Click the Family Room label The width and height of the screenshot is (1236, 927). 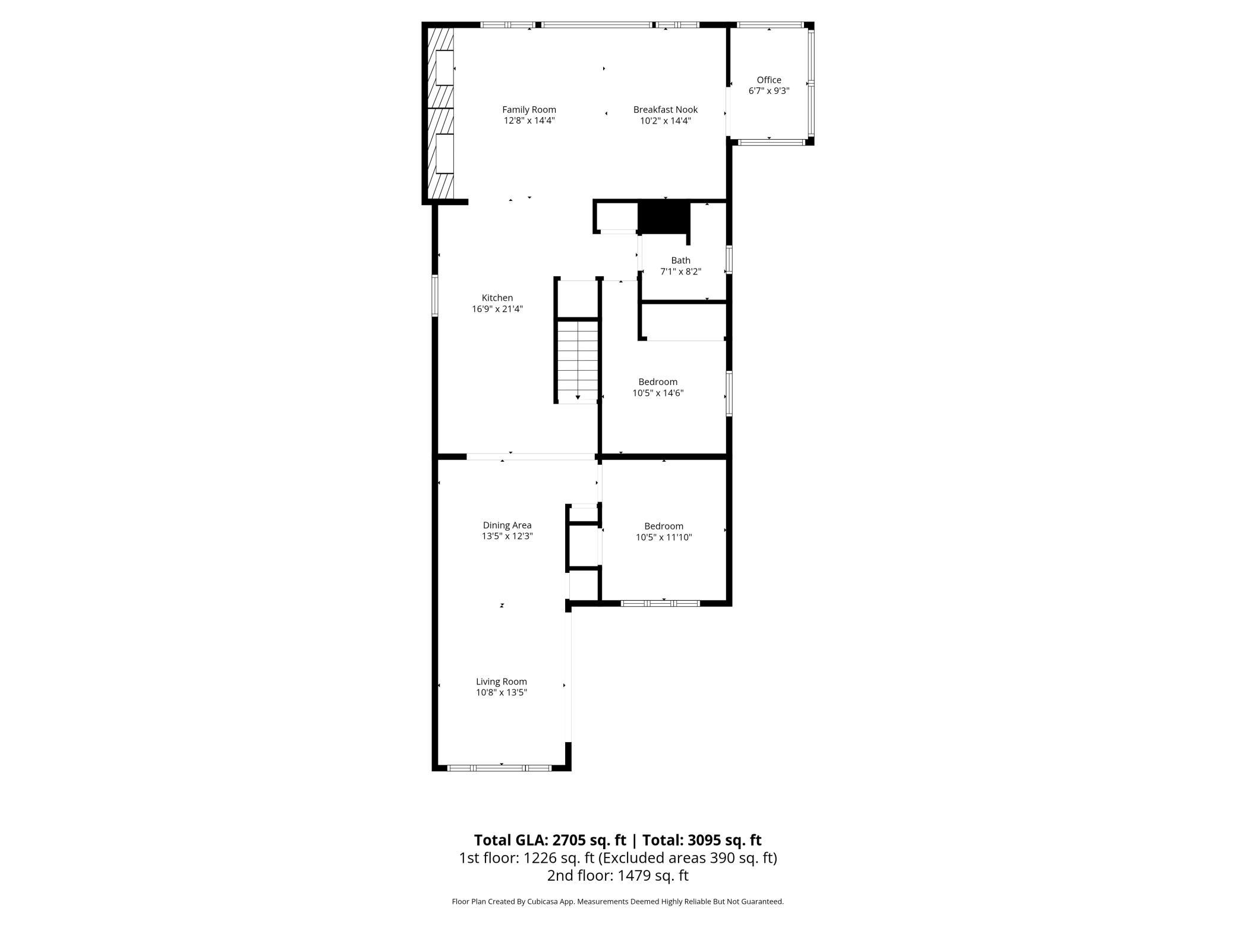(529, 109)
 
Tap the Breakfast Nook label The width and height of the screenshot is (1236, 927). (665, 109)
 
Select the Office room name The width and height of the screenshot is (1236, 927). (769, 80)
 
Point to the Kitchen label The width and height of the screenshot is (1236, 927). (497, 298)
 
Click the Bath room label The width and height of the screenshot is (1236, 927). (681, 260)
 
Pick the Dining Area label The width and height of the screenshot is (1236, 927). (507, 525)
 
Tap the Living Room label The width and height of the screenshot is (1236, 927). (502, 682)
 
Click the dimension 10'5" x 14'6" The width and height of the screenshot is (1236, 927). (658, 393)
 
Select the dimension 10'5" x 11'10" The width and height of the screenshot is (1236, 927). (664, 537)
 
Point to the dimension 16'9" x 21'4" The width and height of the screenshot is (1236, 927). (497, 309)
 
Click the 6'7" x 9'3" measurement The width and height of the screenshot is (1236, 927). (769, 91)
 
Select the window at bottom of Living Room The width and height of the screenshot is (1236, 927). (500, 768)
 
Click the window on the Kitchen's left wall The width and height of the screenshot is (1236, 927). (435, 295)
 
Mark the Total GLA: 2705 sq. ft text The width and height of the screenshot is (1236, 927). (550, 840)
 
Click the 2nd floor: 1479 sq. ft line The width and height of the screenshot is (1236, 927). (617, 875)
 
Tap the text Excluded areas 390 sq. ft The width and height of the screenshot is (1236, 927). (688, 857)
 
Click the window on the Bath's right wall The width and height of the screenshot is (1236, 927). (729, 260)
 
